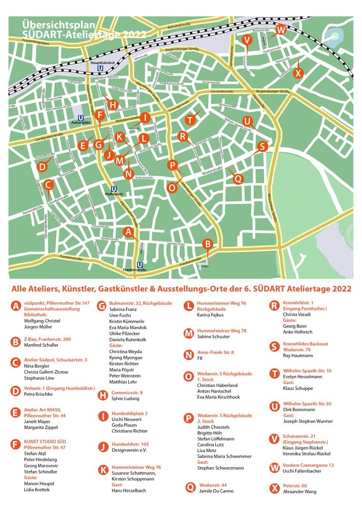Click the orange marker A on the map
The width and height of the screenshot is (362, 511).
click(x=127, y=231)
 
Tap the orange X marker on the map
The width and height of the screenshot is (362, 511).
click(x=298, y=73)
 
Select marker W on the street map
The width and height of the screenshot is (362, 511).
click(x=281, y=29)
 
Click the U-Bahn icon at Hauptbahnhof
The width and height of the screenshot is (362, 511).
click(x=101, y=68)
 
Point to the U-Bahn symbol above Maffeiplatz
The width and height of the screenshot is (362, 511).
click(x=113, y=189)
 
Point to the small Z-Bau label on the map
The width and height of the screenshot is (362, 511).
click(x=205, y=267)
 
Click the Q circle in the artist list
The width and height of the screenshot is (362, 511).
click(x=191, y=487)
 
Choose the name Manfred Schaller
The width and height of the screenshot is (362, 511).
click(x=41, y=345)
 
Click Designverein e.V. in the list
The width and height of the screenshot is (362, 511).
click(x=129, y=450)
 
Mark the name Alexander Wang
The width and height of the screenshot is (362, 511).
click(x=300, y=492)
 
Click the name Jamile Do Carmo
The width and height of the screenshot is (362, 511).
click(x=216, y=491)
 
